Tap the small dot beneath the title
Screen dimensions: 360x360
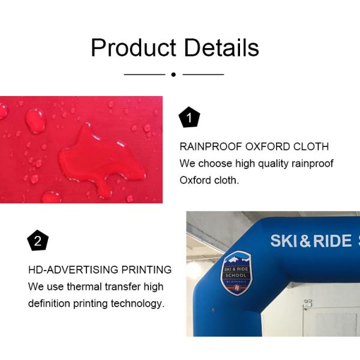[173, 74]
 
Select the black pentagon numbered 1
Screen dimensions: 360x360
[190, 118]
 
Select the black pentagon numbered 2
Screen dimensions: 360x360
[37, 242]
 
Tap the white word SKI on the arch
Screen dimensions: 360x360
[283, 241]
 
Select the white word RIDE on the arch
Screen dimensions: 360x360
[332, 241]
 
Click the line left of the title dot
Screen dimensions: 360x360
[144, 74]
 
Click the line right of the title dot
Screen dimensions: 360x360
[203, 74]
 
